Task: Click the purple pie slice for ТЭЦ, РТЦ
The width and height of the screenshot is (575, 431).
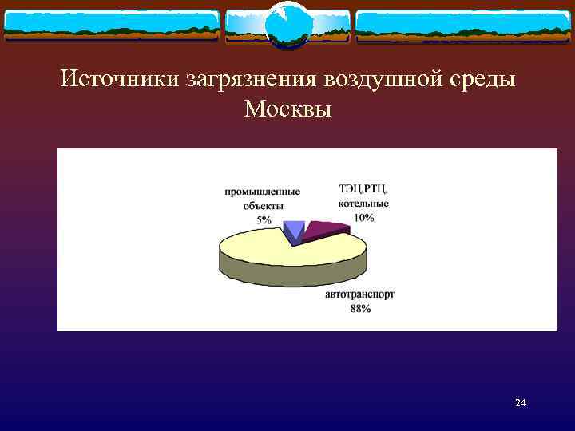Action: click(323, 229)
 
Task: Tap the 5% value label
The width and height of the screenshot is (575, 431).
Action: click(263, 219)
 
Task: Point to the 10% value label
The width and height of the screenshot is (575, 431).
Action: click(363, 218)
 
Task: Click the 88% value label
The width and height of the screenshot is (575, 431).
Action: click(360, 309)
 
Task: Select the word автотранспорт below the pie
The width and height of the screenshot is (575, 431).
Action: click(360, 295)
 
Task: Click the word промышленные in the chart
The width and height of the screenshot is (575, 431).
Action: click(263, 192)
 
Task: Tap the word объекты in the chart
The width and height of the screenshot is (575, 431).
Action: click(263, 205)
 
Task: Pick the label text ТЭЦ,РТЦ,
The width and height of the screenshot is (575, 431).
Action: click(363, 189)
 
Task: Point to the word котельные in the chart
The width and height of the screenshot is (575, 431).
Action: click(363, 204)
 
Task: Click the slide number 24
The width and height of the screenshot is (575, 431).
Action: click(521, 403)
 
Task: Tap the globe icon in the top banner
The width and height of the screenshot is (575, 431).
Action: click(287, 25)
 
